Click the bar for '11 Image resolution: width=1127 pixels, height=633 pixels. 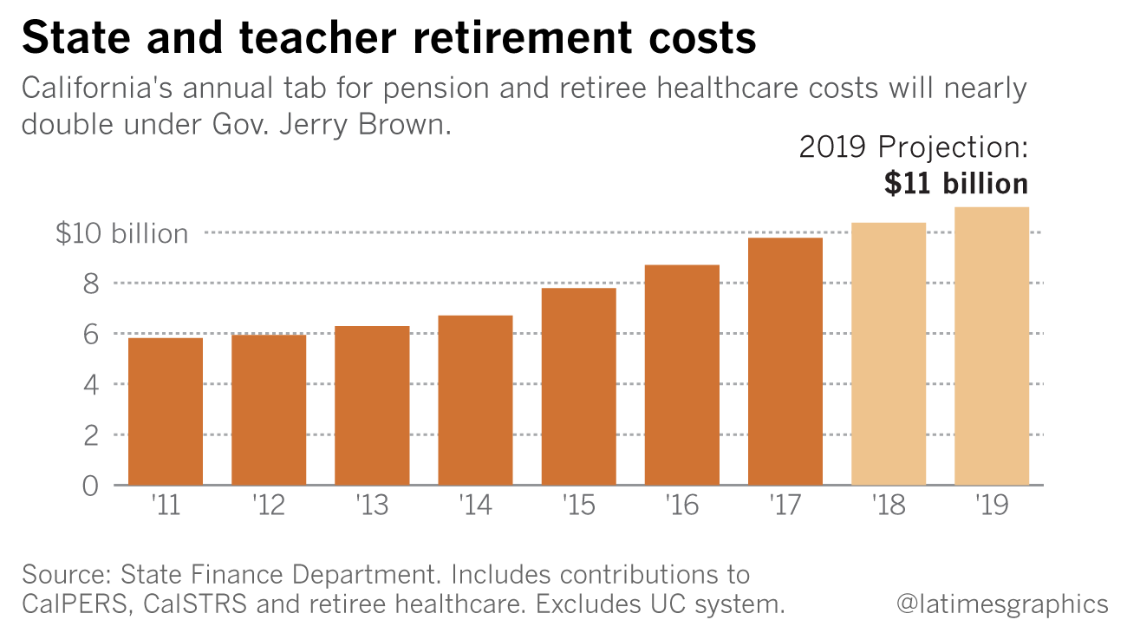click(x=166, y=411)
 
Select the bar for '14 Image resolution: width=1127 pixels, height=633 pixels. click(x=475, y=400)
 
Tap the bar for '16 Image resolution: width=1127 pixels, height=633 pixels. click(x=682, y=375)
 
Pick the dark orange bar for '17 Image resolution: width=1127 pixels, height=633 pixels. click(x=785, y=361)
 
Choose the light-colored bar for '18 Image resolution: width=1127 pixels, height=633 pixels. click(x=889, y=354)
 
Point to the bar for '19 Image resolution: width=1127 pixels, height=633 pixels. click(x=992, y=346)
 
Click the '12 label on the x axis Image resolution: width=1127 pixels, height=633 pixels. click(x=268, y=505)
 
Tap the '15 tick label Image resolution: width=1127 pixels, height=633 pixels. click(x=578, y=505)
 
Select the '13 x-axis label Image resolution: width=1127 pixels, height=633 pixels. click(x=372, y=505)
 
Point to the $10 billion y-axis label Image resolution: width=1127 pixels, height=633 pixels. click(x=121, y=233)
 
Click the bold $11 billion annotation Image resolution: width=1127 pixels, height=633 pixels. click(x=956, y=183)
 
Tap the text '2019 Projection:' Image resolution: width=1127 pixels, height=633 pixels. click(x=913, y=147)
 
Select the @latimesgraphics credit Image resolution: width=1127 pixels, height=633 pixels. click(x=1002, y=604)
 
